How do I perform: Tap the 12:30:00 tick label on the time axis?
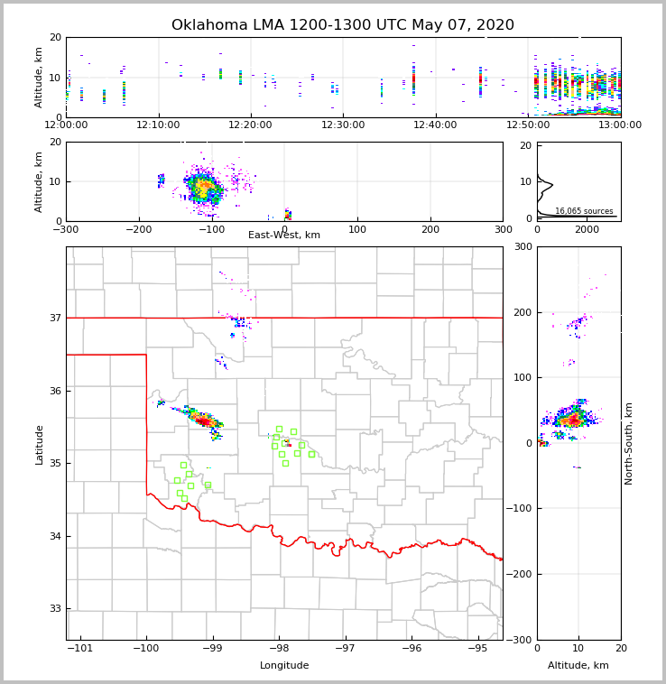tap(343, 125)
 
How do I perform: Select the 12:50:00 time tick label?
tap(528, 125)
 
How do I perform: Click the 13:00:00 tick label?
tap(620, 125)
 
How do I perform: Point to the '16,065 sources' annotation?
tap(584, 211)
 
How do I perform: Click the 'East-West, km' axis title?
tap(284, 236)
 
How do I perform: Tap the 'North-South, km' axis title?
tap(629, 443)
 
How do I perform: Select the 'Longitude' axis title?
tap(284, 666)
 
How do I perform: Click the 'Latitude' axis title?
tap(39, 444)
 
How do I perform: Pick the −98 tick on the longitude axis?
tap(278, 648)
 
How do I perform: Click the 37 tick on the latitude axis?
tap(54, 318)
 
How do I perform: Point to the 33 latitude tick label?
tap(54, 609)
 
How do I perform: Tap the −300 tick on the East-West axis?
tap(66, 229)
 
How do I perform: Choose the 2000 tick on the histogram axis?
tap(587, 229)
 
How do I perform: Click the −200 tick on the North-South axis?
tap(522, 574)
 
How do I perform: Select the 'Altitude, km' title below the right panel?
tap(578, 666)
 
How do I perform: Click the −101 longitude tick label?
tap(79, 648)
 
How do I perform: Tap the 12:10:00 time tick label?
tap(158, 125)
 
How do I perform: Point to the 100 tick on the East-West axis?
tap(357, 229)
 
